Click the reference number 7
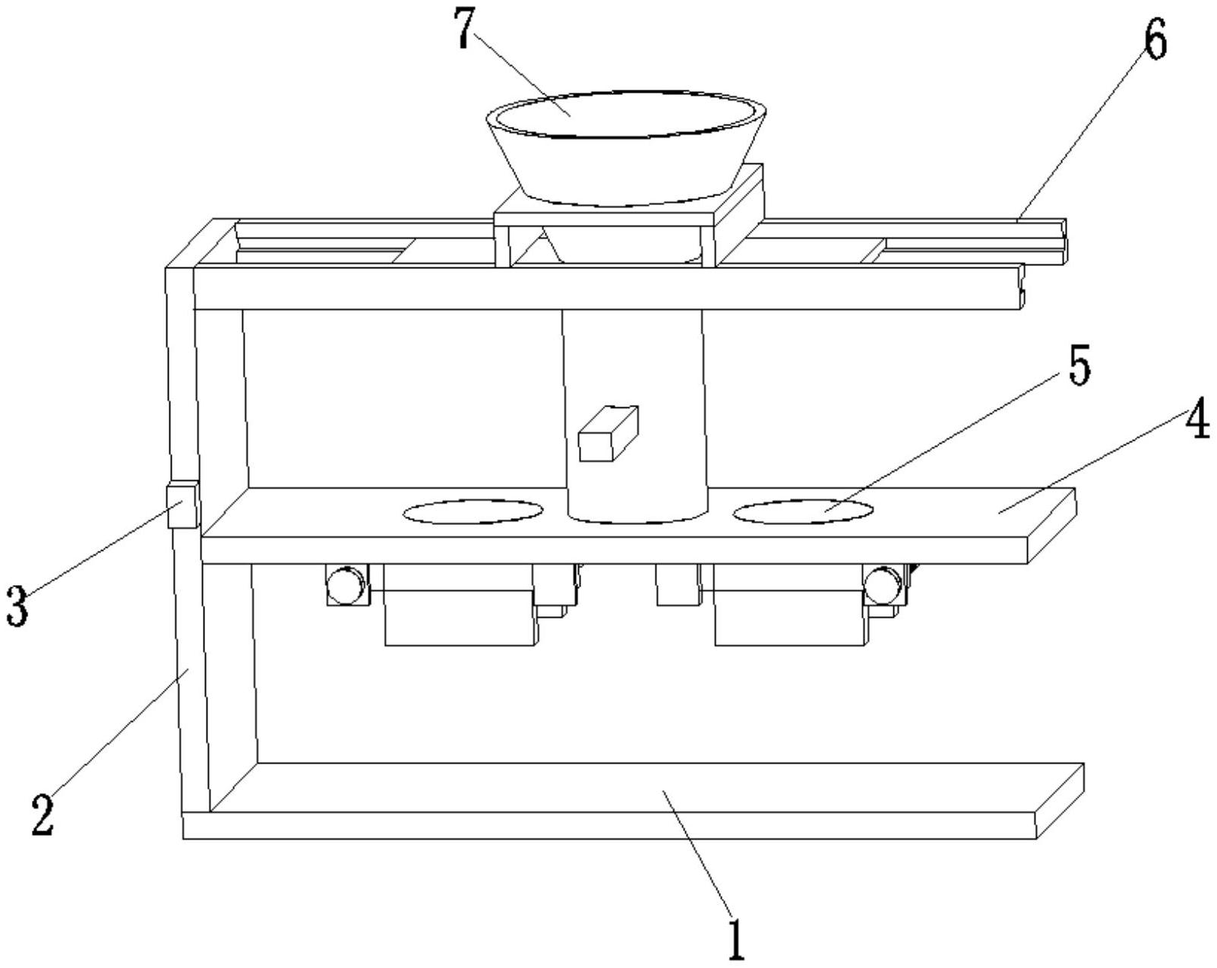(x=463, y=28)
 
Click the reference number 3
(x=17, y=606)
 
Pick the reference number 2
(x=43, y=815)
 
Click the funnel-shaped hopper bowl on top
(x=626, y=147)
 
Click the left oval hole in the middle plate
(x=473, y=511)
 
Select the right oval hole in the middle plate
(x=802, y=511)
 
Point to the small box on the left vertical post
(x=182, y=505)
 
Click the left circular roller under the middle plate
(x=347, y=586)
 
